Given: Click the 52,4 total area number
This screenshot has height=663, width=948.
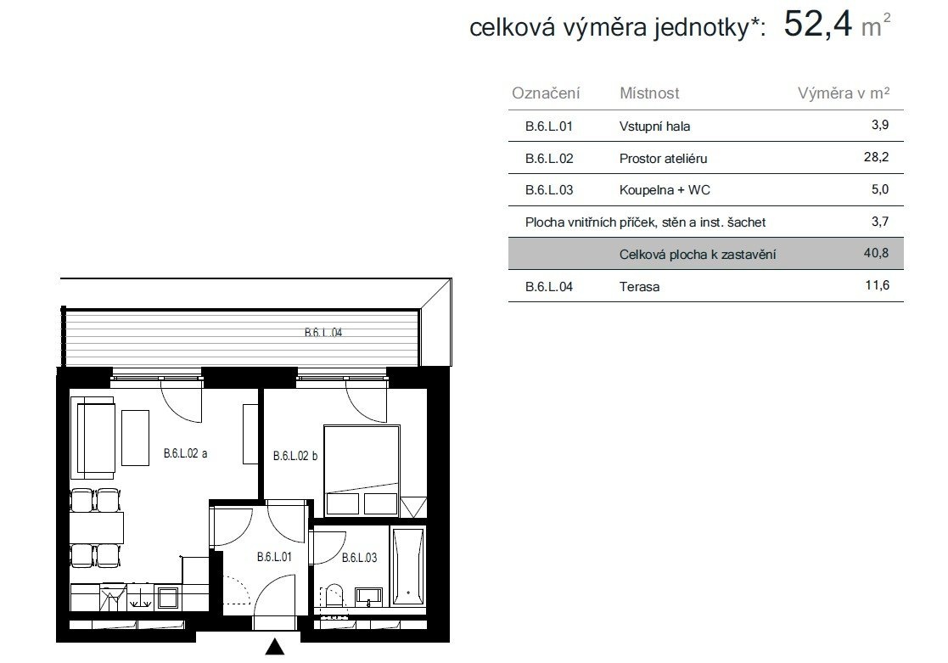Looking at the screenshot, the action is coord(818,25).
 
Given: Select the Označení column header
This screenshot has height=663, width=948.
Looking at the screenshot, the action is coord(546,93).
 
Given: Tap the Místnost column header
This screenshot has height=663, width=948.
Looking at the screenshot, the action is coord(648,93).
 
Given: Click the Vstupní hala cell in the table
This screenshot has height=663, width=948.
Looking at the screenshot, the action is coord(654,126).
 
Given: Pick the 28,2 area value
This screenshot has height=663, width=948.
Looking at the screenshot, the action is coord(876,157).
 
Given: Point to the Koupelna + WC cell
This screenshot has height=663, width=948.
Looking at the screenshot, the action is coord(665,190).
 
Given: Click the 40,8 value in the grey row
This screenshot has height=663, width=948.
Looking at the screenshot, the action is coord(876,253).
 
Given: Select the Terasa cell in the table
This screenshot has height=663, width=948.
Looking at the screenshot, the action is coord(639,287).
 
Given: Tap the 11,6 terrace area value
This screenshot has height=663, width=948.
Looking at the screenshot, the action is coord(878,285).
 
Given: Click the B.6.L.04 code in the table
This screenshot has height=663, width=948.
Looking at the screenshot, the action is coord(549,287).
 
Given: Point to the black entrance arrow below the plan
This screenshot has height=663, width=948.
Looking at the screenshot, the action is coord(274,646).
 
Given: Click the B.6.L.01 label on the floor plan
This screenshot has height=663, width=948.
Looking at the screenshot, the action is coord(274,557).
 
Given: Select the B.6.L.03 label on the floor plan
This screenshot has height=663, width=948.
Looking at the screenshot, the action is coord(359,557).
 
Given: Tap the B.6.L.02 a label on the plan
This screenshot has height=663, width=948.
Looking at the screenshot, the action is coord(185,453).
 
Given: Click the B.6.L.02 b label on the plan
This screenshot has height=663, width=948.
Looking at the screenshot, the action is coord(295,456).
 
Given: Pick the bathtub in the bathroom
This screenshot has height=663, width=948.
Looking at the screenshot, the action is coord(408,565).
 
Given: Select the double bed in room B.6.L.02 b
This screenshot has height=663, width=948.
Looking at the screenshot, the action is coord(362,471).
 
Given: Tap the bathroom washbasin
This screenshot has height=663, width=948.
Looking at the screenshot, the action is coord(368,597).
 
